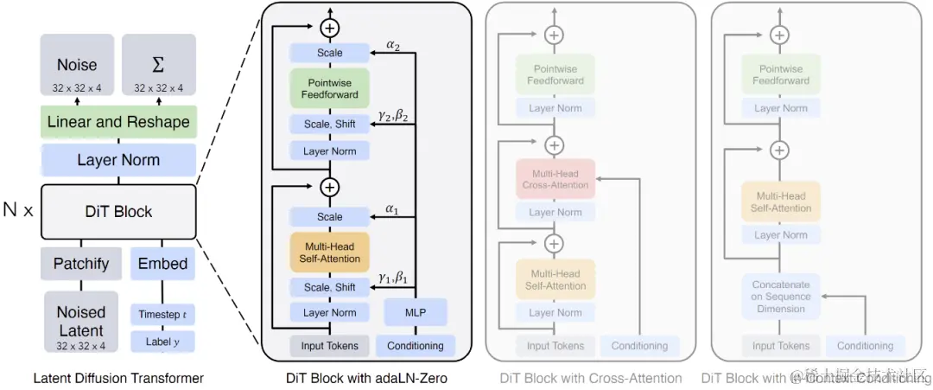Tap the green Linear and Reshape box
tap(118, 122)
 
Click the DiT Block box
tap(118, 212)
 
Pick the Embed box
tap(162, 263)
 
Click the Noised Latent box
tap(80, 321)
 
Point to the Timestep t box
tap(162, 315)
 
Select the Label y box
tap(162, 342)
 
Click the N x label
tap(17, 210)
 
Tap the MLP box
tap(416, 312)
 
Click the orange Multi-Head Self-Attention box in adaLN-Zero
tap(329, 252)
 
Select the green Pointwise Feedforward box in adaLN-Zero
tap(329, 89)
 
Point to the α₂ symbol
tap(394, 46)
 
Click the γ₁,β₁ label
tap(394, 278)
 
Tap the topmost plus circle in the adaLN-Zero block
tap(329, 28)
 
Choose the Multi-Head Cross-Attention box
tap(555, 179)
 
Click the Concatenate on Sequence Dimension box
tap(780, 297)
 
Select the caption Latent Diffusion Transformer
tap(118, 378)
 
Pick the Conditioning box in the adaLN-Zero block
tap(416, 346)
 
